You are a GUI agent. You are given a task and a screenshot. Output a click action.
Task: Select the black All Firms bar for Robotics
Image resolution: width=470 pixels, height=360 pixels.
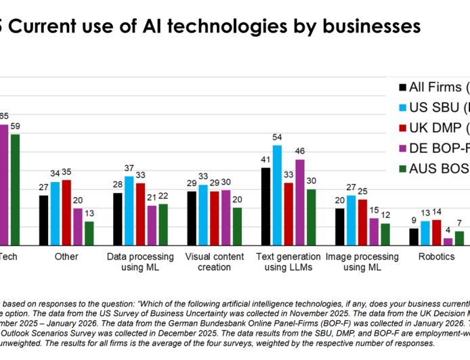[414, 236]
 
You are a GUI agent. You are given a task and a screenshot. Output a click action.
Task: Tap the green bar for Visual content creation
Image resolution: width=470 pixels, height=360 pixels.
[238, 226]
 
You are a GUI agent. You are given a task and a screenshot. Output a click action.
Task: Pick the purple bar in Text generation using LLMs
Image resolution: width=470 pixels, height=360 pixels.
[300, 202]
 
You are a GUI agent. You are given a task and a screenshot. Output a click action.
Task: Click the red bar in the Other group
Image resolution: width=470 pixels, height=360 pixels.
[66, 212]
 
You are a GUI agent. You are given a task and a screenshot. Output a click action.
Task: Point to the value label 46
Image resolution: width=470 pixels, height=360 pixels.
[300, 151]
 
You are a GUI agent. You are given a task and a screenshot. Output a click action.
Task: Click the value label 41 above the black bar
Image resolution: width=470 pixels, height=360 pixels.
[266, 160]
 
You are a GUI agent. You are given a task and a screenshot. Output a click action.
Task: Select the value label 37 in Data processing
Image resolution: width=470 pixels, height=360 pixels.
[129, 168]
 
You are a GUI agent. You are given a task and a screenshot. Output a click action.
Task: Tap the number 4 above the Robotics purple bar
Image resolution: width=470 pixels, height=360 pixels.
[447, 230]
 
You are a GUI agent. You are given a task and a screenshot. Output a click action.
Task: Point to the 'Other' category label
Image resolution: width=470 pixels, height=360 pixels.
[66, 257]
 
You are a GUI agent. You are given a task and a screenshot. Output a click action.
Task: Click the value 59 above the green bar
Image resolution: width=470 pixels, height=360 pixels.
[15, 126]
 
